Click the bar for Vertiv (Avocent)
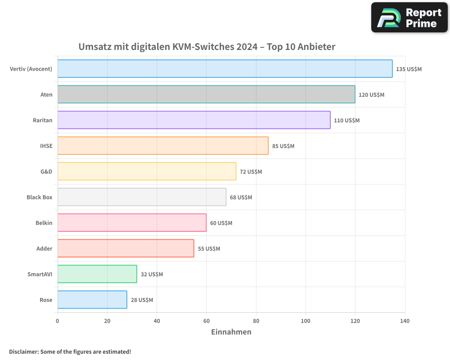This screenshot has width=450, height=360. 225,69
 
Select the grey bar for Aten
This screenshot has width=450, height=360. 206,94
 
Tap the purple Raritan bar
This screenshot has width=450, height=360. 194,120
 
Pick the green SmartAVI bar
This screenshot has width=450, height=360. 97,274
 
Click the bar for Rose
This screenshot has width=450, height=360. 92,300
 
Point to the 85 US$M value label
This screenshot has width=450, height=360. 283,146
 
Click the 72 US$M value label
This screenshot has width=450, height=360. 251,171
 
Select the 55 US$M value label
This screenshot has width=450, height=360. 209,248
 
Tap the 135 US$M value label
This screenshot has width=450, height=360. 409,69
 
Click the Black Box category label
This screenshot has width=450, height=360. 40,197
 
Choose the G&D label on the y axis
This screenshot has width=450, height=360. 46,171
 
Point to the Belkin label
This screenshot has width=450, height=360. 44,223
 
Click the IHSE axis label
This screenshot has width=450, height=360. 46,146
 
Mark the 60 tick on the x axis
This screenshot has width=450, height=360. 207,321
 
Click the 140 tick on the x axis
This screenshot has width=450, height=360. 405,321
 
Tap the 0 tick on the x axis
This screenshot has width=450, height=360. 58,321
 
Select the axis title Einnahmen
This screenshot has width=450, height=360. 231,332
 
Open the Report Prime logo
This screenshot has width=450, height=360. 409,18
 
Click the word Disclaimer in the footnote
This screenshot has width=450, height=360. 23,351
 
